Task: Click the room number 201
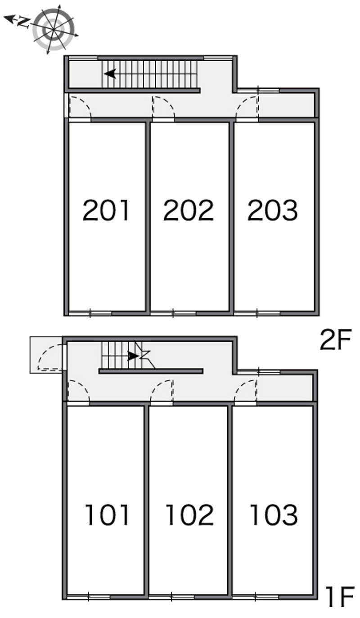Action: coord(106,210)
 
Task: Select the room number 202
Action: coord(189,210)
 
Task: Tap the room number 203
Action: coord(273,210)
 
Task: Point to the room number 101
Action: coord(107,515)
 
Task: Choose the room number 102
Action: coord(189,515)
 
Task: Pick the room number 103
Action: coord(274,515)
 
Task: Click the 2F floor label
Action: coord(335,340)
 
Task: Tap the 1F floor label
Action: coord(339,604)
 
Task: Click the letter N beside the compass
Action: coord(23,22)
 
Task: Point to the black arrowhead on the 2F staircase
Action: coord(110,74)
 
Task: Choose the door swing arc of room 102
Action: coord(157,387)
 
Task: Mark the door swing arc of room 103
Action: coord(241,387)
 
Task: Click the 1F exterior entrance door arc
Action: coord(44,352)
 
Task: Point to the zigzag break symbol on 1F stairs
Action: coord(144,355)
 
